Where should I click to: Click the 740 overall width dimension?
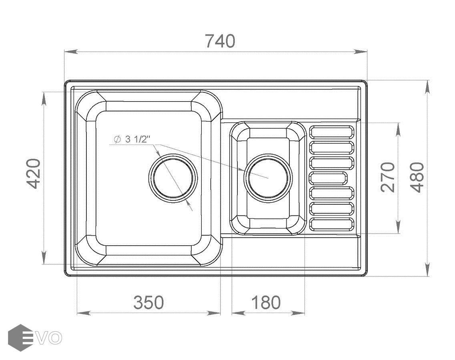[x=220, y=41]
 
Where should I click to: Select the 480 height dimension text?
[x=418, y=177]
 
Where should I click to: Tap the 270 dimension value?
[x=388, y=177]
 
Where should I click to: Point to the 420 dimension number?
[x=34, y=174]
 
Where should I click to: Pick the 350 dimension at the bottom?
[x=148, y=303]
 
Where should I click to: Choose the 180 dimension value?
[x=266, y=303]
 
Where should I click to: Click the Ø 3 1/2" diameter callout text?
[x=132, y=140]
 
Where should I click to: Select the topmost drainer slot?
[x=332, y=132]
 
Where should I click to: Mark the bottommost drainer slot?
[x=332, y=224]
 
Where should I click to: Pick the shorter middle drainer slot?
[x=328, y=178]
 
